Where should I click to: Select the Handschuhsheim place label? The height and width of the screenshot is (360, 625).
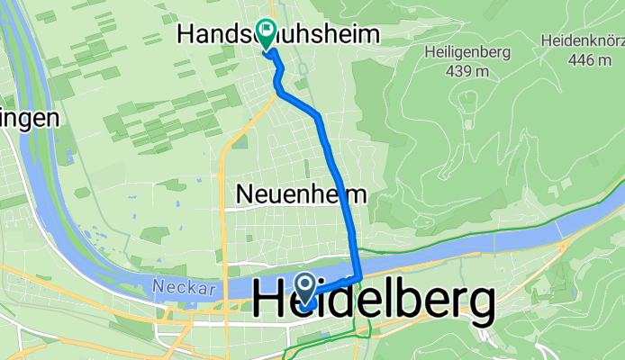coord(278,34)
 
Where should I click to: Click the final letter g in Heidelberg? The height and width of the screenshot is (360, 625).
coord(479,307)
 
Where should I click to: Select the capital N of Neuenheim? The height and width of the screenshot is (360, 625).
coord(242,193)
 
